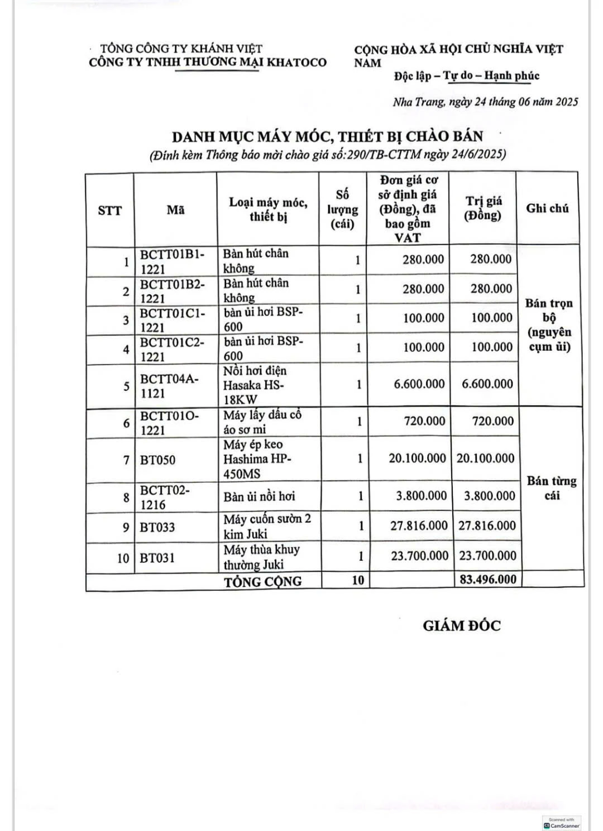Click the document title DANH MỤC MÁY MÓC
click(x=327, y=137)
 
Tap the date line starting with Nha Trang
click(x=485, y=102)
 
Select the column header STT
click(x=109, y=211)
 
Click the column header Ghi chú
click(x=547, y=208)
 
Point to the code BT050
click(x=157, y=460)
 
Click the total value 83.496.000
click(x=488, y=579)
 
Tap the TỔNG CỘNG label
click(x=262, y=581)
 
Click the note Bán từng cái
click(x=552, y=488)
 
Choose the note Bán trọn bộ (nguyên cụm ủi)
click(x=549, y=325)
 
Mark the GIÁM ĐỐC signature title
click(x=462, y=625)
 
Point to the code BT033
click(x=157, y=527)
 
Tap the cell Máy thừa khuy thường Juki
click(x=261, y=557)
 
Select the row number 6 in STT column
click(x=126, y=423)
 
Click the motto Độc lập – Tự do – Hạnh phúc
click(x=466, y=76)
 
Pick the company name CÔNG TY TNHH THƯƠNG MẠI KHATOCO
click(x=208, y=63)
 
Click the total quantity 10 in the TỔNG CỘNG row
click(x=358, y=580)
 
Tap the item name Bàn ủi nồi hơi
click(x=259, y=496)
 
